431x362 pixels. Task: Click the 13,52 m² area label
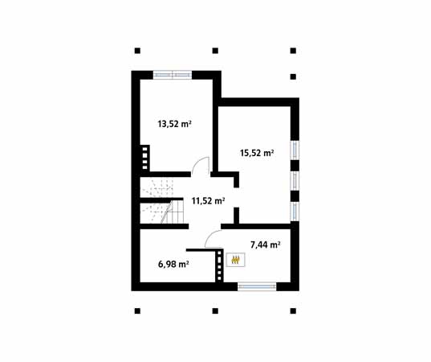click(x=173, y=124)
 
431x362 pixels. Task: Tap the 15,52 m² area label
click(x=257, y=151)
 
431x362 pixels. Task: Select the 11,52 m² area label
click(x=207, y=201)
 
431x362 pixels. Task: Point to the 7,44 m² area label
click(x=265, y=245)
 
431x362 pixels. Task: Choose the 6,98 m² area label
click(x=173, y=264)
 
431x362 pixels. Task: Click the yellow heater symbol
click(x=236, y=259)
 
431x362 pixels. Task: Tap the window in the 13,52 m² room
click(x=172, y=75)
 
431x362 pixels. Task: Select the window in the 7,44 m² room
click(x=257, y=285)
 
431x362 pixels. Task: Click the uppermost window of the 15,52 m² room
click(x=294, y=150)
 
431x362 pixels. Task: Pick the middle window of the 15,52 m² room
click(x=294, y=179)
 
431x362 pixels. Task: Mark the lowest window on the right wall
click(x=294, y=210)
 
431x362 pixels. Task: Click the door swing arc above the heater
click(x=214, y=238)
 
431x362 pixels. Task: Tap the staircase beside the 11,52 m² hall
click(x=161, y=201)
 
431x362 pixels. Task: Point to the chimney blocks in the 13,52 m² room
click(x=145, y=157)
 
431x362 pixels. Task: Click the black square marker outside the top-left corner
click(x=137, y=47)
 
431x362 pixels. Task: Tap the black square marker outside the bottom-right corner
click(x=293, y=310)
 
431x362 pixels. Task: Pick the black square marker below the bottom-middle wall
click(x=215, y=310)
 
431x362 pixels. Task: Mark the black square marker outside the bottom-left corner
click(x=137, y=310)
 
